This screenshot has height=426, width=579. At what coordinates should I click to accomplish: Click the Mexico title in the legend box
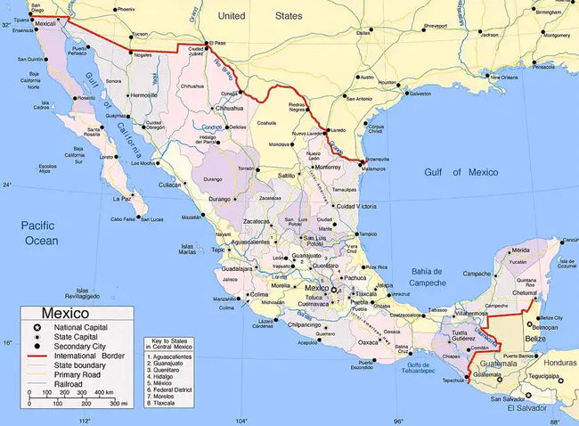62,315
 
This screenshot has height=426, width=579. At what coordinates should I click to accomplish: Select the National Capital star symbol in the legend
32,330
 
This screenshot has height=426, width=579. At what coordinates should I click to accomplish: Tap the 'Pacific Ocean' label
39,234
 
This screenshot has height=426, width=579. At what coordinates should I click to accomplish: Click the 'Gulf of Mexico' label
460,171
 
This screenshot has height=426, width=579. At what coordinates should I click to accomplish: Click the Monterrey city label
328,167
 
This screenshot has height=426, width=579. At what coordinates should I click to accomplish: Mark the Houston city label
388,82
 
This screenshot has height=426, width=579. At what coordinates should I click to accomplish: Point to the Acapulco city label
306,341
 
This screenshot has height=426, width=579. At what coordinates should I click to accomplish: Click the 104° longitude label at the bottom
241,420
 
